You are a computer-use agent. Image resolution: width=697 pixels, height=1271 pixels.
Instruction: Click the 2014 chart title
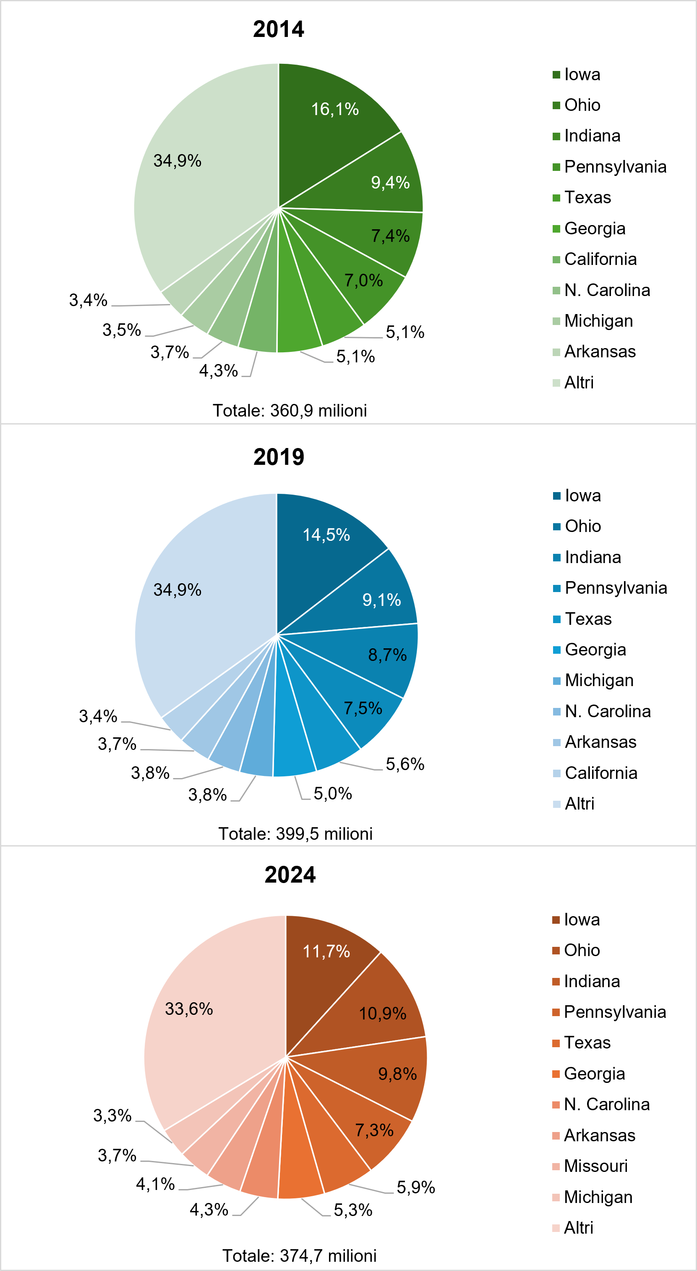tap(279, 29)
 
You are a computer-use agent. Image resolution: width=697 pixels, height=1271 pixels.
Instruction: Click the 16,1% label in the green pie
tap(335, 109)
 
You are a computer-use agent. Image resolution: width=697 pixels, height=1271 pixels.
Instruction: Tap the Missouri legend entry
tap(595, 1166)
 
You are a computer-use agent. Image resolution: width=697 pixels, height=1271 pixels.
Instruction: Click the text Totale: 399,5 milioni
tap(295, 833)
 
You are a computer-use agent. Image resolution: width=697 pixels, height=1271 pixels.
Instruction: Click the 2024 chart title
tap(290, 875)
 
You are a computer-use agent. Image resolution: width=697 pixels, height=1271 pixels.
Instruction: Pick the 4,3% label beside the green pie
tap(218, 370)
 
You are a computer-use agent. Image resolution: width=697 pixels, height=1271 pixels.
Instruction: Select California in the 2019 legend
tap(601, 773)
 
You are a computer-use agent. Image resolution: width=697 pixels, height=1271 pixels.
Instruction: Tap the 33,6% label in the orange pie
tap(189, 1009)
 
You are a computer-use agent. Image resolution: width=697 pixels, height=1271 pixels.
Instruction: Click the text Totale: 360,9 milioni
tap(290, 411)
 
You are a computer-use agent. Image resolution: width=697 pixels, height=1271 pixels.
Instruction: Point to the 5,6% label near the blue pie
tap(405, 764)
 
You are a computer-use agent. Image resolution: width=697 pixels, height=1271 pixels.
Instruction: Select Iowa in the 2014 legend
tap(582, 74)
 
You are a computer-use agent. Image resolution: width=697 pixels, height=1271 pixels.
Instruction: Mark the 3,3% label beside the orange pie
tap(112, 1116)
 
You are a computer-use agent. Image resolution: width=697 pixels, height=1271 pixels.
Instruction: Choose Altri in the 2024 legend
tap(578, 1228)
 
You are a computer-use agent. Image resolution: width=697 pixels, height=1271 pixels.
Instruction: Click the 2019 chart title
tap(279, 457)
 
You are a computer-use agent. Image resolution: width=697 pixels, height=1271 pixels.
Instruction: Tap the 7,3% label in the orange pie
tap(374, 1130)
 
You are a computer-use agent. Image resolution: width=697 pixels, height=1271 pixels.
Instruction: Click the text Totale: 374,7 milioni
tap(299, 1255)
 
